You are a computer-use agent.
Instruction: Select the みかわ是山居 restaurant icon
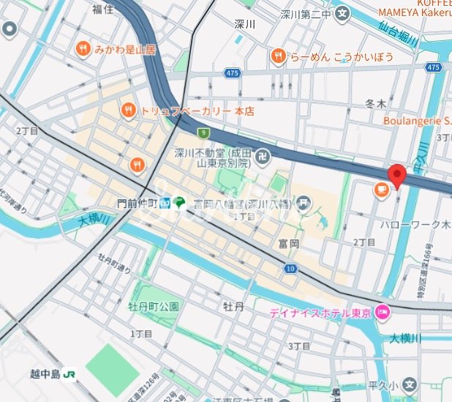(83, 49)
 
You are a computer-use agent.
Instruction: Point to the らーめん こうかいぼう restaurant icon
(278, 56)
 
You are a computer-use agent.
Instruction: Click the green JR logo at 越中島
(70, 373)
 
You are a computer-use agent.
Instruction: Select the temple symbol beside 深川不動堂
(263, 156)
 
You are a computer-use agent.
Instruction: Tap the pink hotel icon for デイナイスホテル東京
(381, 313)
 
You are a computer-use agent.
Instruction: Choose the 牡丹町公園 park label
(154, 306)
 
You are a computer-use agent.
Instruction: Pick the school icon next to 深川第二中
(342, 13)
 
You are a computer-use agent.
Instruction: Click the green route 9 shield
(203, 133)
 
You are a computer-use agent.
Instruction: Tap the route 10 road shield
(290, 269)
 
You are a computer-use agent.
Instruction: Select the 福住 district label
(103, 9)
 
